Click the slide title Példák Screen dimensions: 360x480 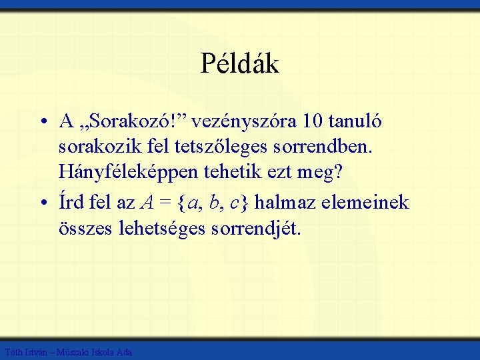click(x=239, y=64)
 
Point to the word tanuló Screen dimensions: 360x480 click(x=359, y=121)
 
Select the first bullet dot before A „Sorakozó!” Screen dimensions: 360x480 click(x=42, y=123)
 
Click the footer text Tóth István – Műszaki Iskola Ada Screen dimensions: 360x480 click(x=68, y=352)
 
